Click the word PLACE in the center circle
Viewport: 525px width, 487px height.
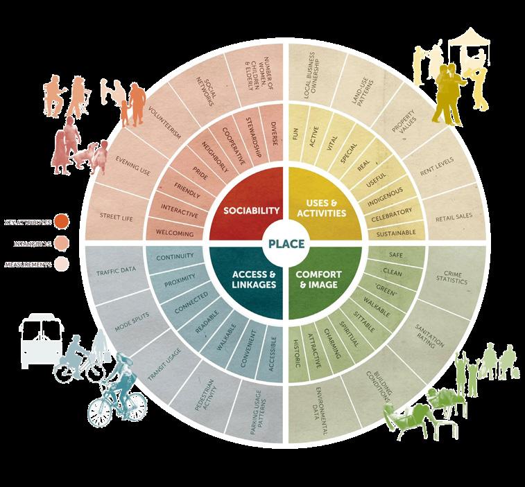[288, 242]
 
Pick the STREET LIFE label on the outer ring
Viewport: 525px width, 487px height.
[116, 215]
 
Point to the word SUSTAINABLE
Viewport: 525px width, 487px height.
[396, 233]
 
